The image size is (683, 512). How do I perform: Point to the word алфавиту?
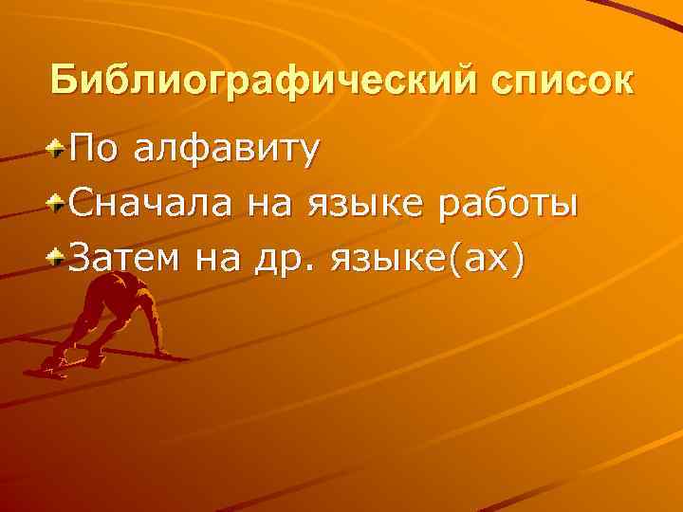tap(225, 150)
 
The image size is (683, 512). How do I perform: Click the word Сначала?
tap(150, 202)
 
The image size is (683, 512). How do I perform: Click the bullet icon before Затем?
tap(59, 255)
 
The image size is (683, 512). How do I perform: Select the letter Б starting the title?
tap(63, 81)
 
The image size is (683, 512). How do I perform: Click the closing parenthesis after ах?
tap(518, 257)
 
